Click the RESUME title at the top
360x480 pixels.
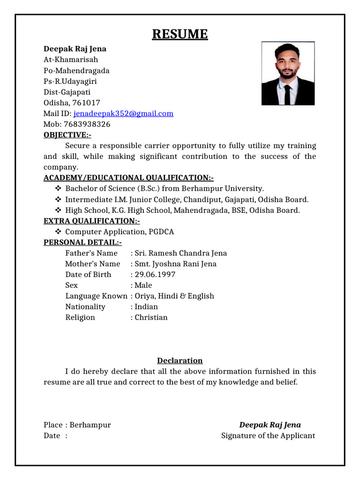180,34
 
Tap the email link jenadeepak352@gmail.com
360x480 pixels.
123,113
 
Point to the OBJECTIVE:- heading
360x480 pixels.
67,135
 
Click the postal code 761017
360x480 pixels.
85,103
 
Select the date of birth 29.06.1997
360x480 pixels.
155,274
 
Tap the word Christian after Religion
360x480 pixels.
151,317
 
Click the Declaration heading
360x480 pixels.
180,360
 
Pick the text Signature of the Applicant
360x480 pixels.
268,435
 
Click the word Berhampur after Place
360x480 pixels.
90,425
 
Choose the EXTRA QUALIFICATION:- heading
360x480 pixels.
91,221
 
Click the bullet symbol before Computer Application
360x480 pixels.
58,232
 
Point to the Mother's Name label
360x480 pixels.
92,264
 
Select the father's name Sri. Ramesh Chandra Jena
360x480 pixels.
180,253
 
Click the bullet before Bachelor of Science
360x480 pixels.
58,189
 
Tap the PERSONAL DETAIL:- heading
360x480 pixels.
82,242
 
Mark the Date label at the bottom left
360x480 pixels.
52,435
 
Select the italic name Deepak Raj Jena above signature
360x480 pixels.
270,425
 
